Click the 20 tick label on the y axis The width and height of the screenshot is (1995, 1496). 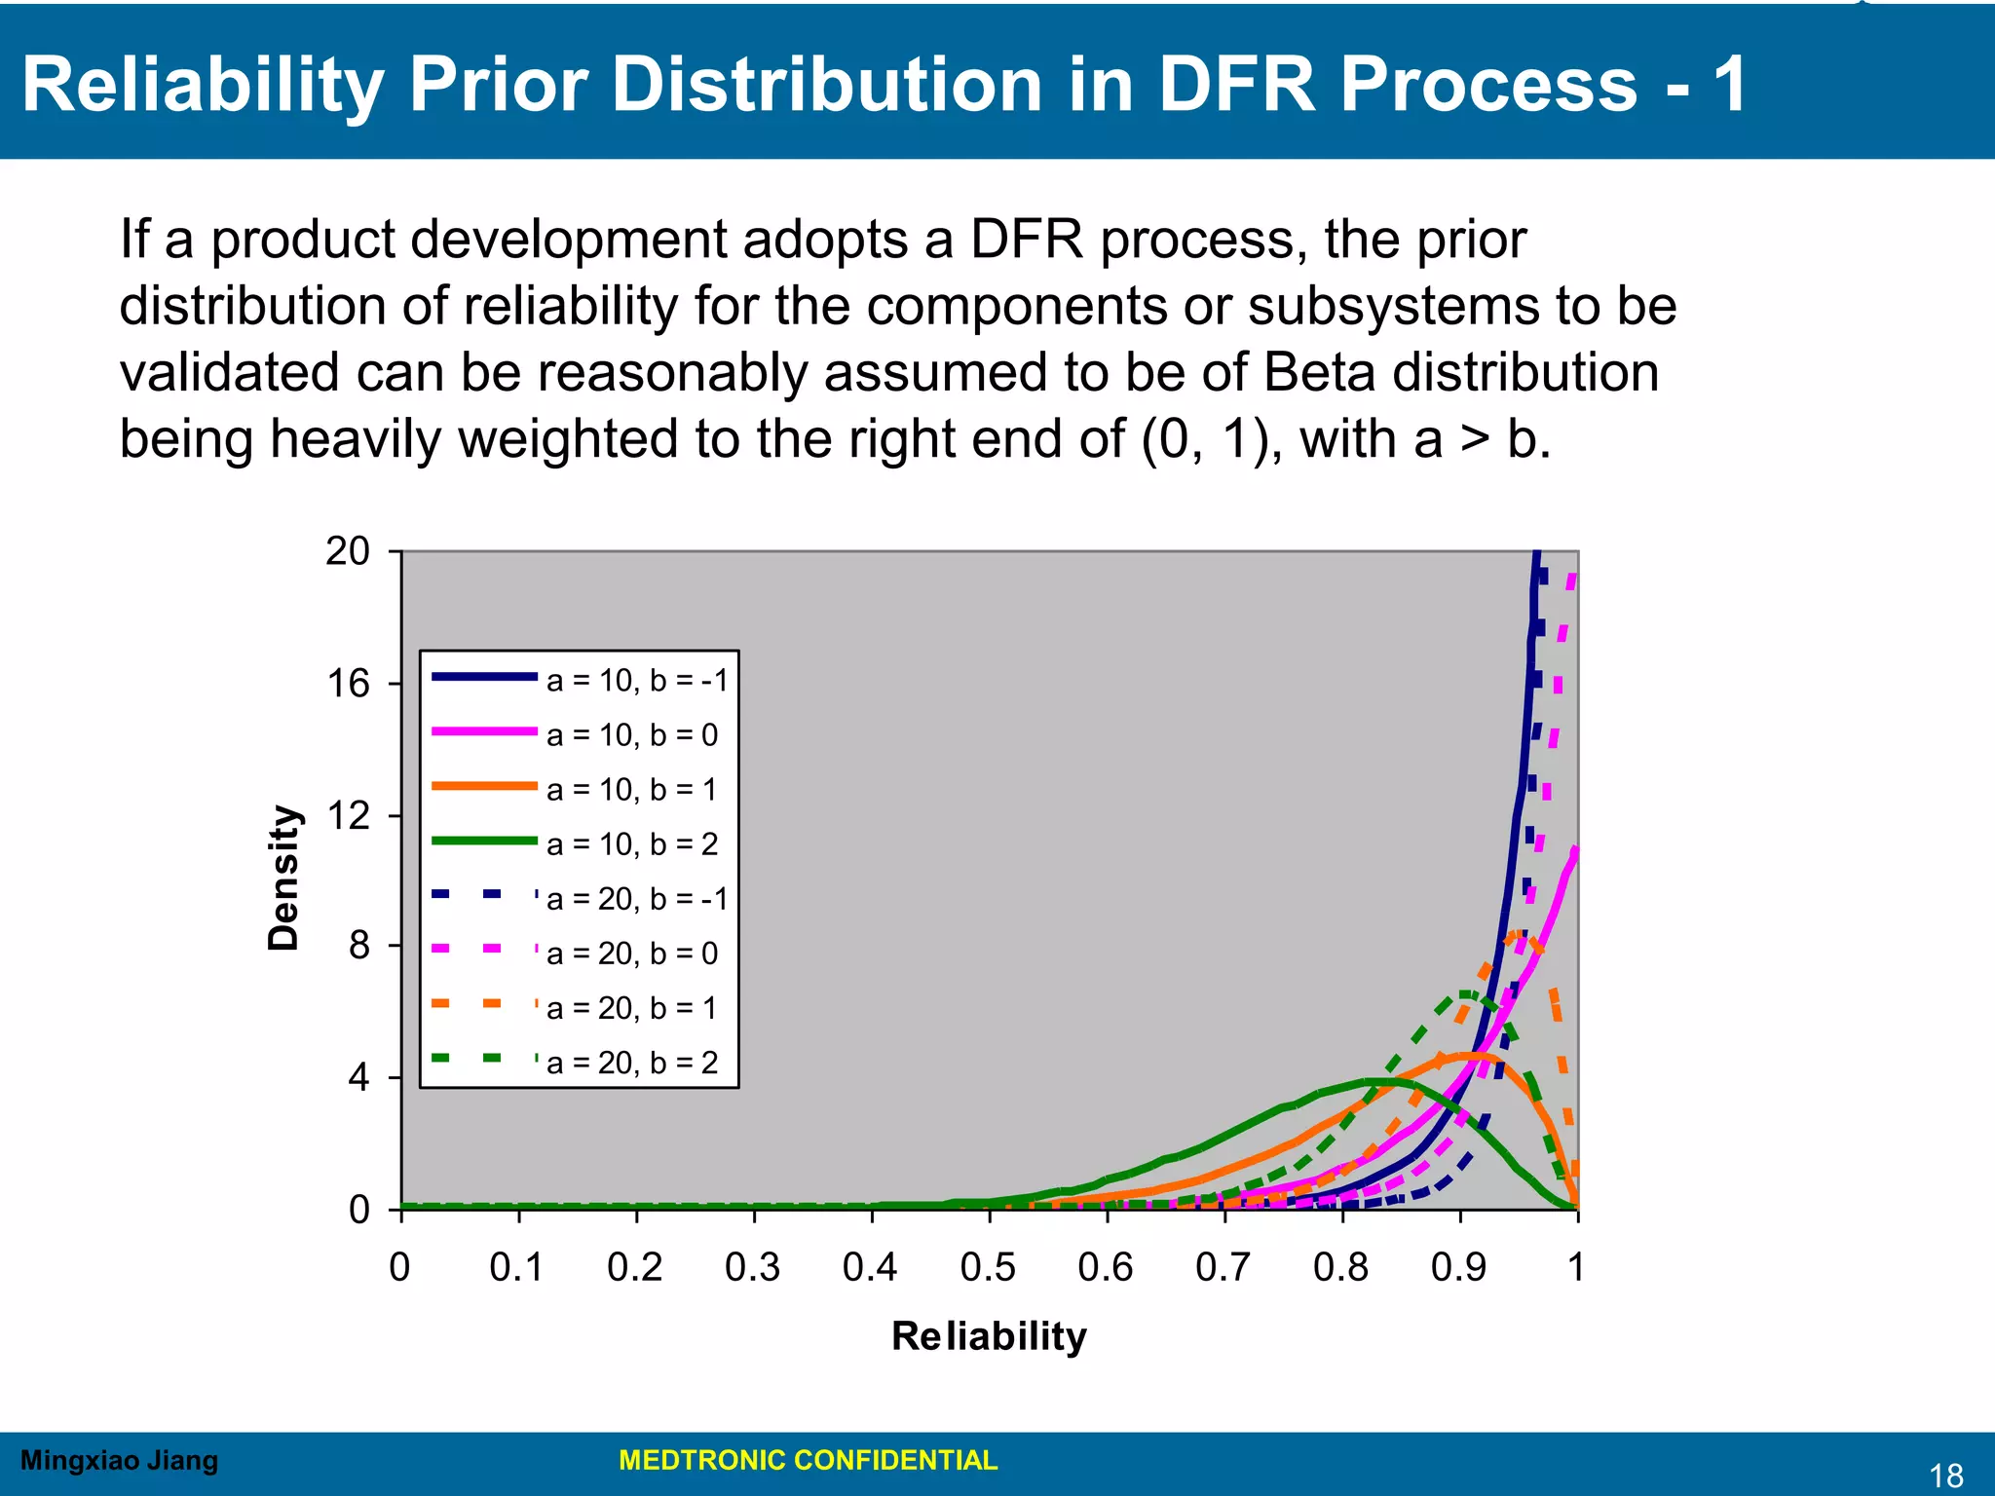coord(348,551)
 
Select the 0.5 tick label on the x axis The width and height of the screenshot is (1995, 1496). coord(988,1267)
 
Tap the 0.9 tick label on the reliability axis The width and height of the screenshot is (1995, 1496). coord(1458,1267)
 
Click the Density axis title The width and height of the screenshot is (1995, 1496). coord(283,878)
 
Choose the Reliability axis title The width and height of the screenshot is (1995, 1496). coord(989,1336)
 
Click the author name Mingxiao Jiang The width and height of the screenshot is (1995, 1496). coord(119,1460)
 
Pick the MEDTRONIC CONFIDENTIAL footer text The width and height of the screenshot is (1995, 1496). coord(808,1460)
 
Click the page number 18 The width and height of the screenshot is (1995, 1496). coord(1945,1476)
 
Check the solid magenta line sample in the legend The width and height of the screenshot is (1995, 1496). coord(484,730)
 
